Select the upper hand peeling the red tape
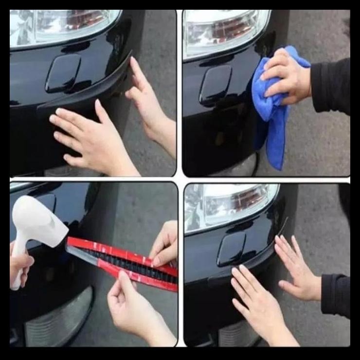[x=165, y=243]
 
